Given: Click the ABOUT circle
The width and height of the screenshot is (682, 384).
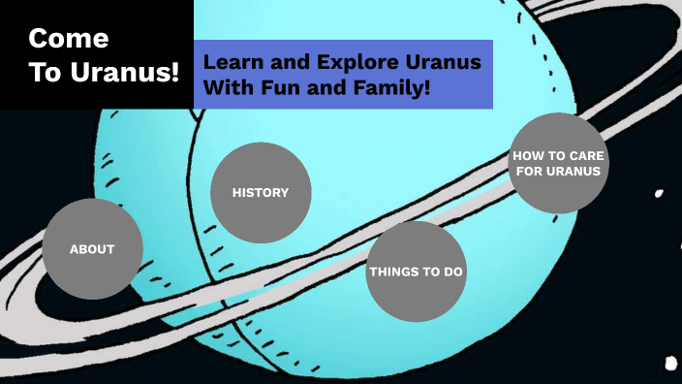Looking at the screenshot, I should coord(92,249).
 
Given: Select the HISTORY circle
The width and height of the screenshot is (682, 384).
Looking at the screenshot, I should coord(261,192).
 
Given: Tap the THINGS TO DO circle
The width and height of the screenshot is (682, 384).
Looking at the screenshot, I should coord(417,272).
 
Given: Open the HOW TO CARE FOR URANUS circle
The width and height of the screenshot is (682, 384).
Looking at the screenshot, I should coord(557,163).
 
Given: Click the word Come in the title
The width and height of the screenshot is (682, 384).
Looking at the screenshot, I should coord(68,39).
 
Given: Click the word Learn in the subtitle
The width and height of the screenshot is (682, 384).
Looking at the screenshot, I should coord(229,62).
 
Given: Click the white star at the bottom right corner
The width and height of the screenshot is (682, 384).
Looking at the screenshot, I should coord(670,365).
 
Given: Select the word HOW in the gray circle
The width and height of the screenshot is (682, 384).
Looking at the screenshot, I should coord(528,155).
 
